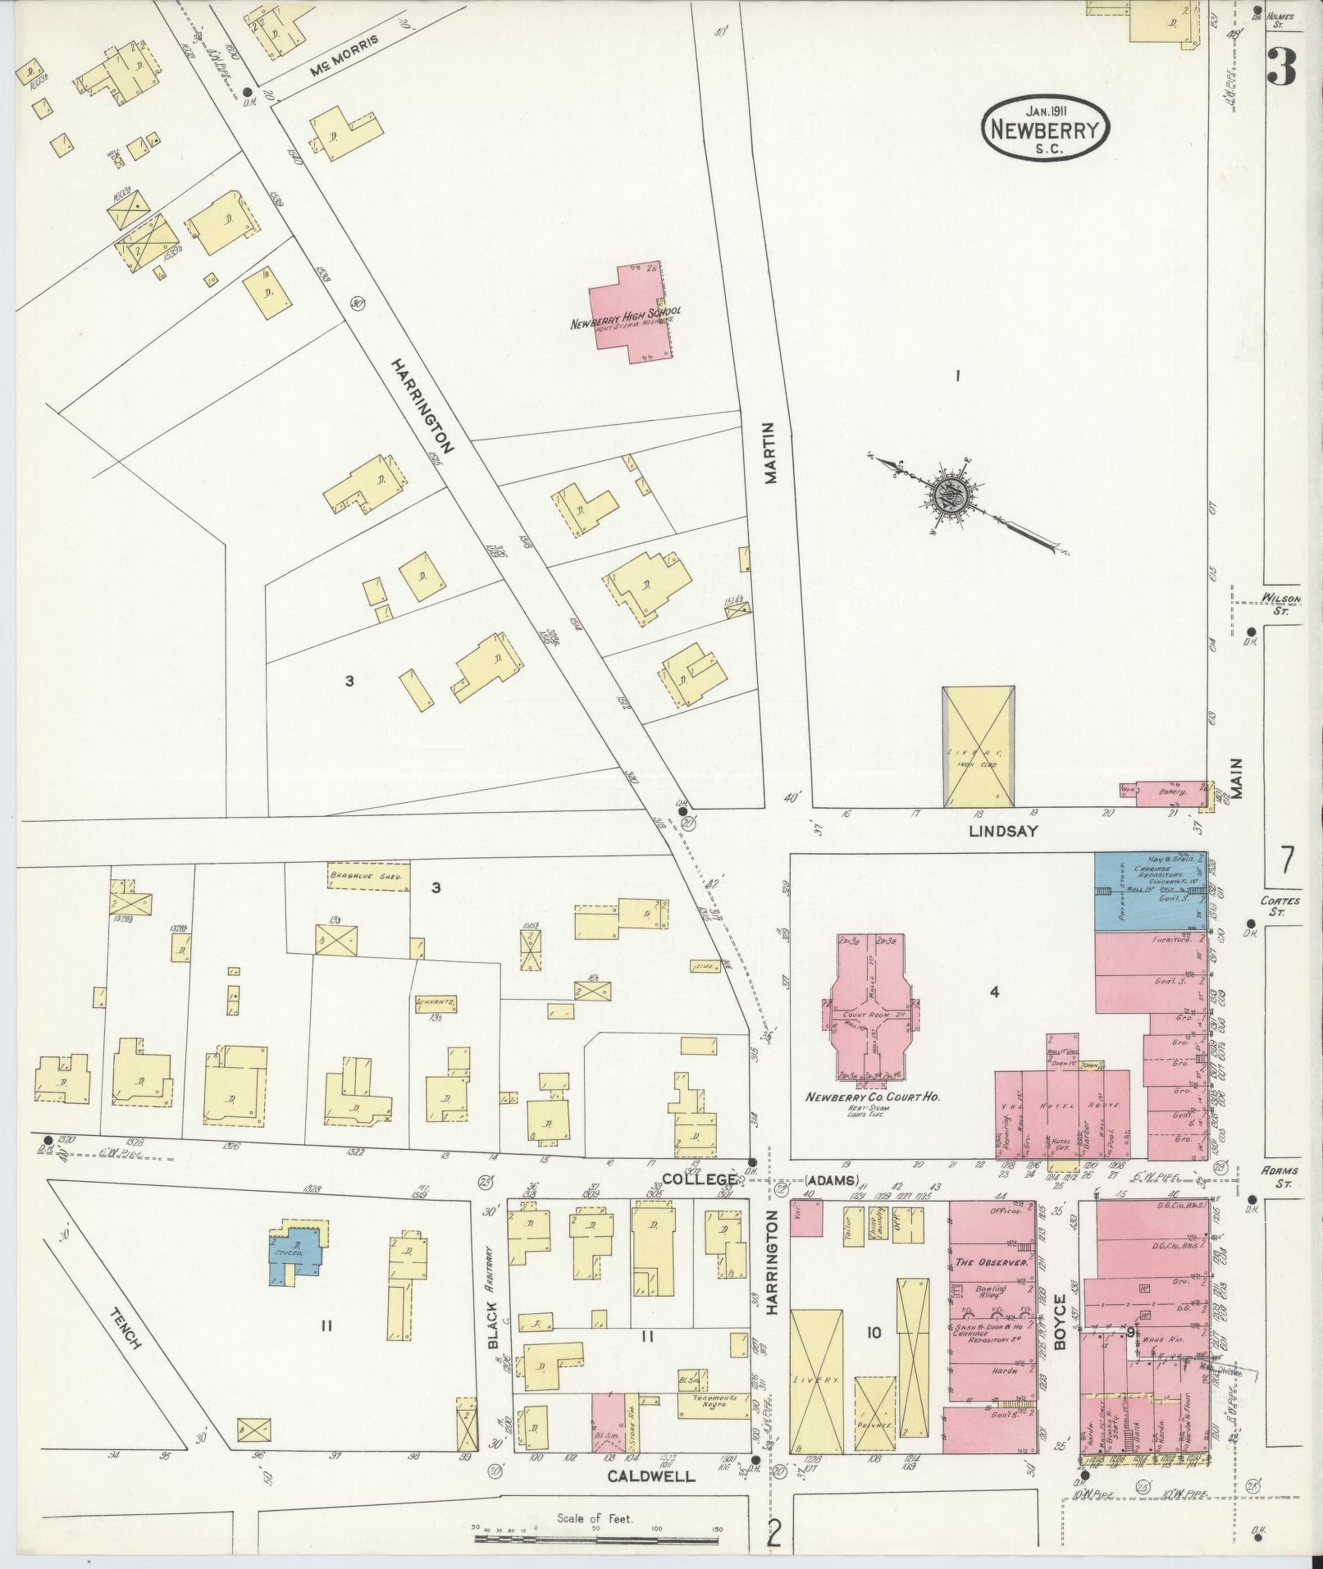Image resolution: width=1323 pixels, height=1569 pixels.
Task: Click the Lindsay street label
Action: [x=1003, y=830]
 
